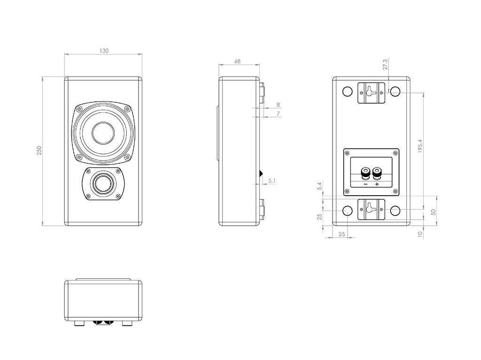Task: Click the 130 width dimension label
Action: click(x=104, y=51)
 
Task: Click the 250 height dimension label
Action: click(x=39, y=151)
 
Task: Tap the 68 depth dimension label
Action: click(x=238, y=61)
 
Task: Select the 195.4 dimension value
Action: click(x=420, y=146)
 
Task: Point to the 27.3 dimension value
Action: click(x=386, y=64)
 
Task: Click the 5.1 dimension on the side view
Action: click(x=272, y=180)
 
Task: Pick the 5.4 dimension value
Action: click(x=320, y=186)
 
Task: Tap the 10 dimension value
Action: click(x=420, y=233)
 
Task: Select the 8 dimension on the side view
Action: click(x=279, y=105)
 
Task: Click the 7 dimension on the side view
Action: click(x=279, y=114)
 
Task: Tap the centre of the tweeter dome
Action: click(x=103, y=184)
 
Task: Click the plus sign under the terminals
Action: click(x=377, y=184)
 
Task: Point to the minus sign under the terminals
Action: click(x=365, y=184)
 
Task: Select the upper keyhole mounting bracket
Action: click(x=371, y=92)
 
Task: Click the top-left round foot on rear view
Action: click(x=348, y=92)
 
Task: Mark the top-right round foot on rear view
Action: click(x=395, y=92)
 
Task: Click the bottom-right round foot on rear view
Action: click(x=395, y=211)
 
